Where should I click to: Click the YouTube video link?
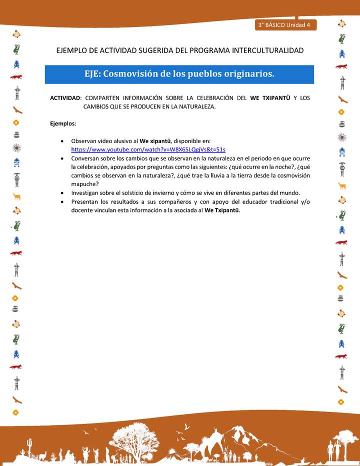coord(148,149)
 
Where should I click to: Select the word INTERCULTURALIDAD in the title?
coord(265,50)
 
